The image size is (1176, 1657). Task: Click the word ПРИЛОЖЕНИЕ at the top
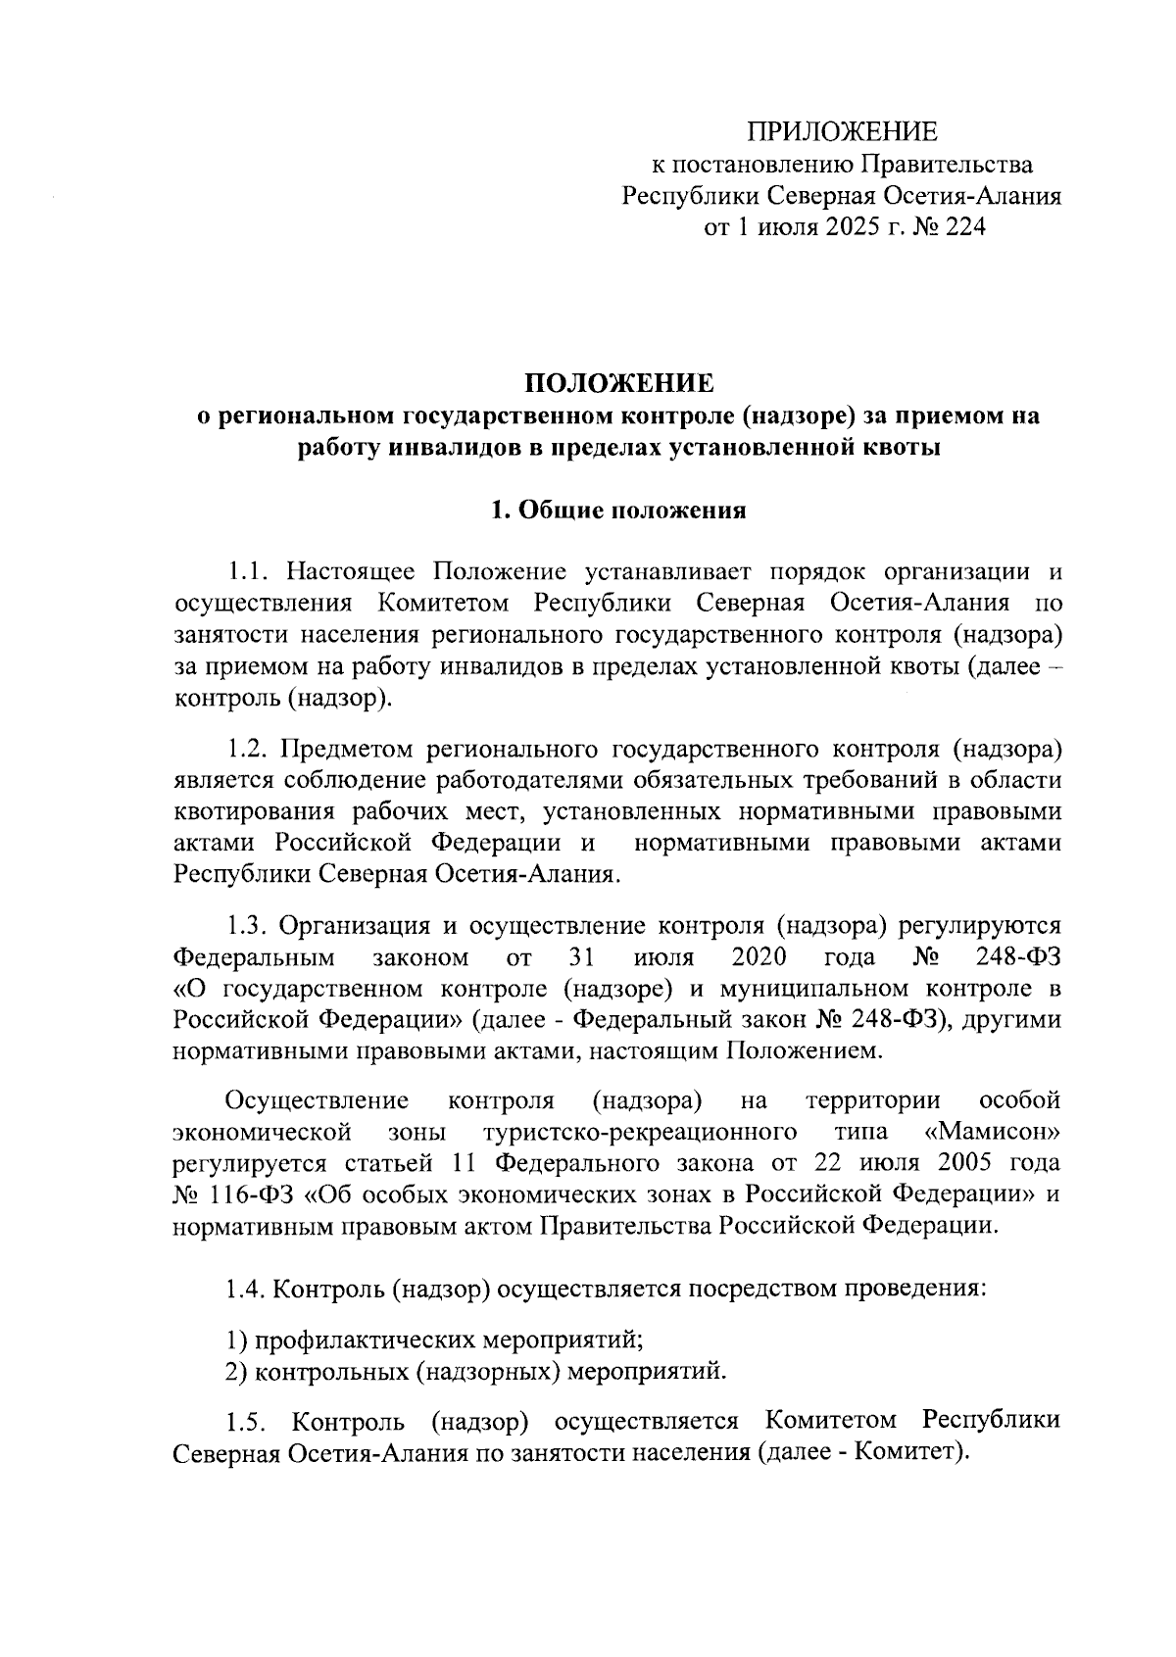(x=842, y=132)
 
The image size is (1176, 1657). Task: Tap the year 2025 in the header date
(x=839, y=227)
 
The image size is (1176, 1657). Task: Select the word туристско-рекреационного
(x=639, y=1133)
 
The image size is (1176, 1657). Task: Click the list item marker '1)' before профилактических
(x=235, y=1340)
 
